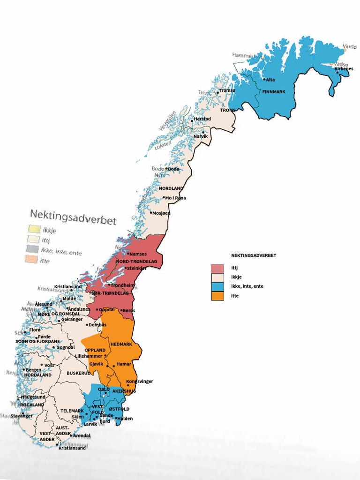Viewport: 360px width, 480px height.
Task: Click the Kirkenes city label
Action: tap(344, 68)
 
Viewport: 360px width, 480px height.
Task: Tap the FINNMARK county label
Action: tap(274, 91)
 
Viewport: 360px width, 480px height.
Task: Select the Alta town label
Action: tap(270, 80)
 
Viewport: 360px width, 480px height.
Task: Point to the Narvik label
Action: tap(201, 136)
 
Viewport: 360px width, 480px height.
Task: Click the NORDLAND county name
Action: tap(171, 188)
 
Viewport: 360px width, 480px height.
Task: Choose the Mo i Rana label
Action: tap(175, 198)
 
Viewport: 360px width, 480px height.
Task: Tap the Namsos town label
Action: tap(138, 254)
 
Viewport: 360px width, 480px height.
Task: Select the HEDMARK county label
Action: tap(121, 344)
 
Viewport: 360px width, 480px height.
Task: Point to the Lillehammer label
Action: tap(89, 356)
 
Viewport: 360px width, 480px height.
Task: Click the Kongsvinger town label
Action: tap(140, 381)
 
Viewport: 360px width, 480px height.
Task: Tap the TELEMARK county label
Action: tap(72, 411)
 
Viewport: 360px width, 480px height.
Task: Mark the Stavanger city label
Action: tap(22, 416)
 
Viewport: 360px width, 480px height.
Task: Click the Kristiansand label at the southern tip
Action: tap(72, 448)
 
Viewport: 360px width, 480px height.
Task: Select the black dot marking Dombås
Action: tap(87, 325)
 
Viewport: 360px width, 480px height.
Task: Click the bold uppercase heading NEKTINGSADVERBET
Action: tap(254, 255)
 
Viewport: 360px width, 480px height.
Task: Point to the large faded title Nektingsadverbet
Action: tap(73, 217)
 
